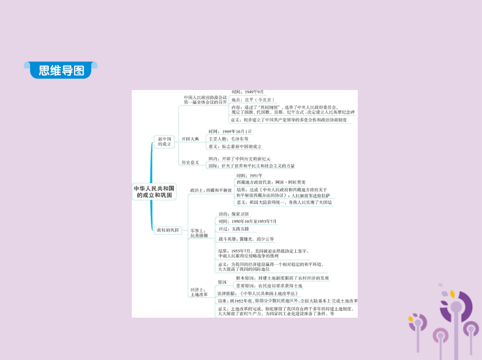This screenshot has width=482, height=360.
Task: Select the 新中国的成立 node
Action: tap(164, 142)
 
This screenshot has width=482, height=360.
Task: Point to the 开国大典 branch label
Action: tap(190, 139)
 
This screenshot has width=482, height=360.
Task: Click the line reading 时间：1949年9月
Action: tap(248, 92)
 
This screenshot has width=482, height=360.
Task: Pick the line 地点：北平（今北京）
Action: tap(253, 100)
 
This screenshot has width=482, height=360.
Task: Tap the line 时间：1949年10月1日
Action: tap(230, 131)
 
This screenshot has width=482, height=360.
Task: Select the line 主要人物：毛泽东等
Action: tap(229, 139)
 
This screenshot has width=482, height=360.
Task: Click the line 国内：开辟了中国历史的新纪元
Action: tap(239, 159)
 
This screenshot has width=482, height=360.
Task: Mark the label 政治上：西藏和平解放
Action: tap(211, 190)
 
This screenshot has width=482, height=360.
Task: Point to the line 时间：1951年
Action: tap(250, 176)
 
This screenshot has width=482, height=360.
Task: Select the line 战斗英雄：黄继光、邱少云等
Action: tap(246, 239)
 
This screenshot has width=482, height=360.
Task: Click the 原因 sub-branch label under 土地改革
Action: tap(222, 282)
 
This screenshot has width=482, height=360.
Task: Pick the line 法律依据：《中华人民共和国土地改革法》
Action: tap(258, 294)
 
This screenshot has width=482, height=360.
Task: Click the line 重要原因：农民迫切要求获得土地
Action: tap(273, 286)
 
